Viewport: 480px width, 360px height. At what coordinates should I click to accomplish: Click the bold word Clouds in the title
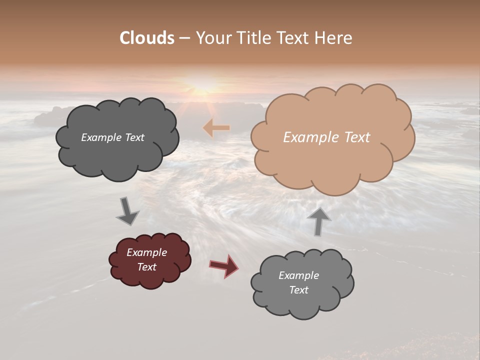146,38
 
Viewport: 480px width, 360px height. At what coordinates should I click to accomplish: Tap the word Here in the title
333,38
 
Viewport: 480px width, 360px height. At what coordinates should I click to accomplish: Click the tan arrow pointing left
216,128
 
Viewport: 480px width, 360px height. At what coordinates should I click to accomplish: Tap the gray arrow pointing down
127,211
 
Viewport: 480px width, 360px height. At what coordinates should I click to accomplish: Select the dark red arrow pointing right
224,265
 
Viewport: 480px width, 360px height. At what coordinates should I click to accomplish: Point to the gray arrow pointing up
319,221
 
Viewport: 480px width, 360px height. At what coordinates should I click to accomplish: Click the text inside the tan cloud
326,137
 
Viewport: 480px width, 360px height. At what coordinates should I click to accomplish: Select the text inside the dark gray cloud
112,137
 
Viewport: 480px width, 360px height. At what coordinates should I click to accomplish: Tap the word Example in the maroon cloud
146,252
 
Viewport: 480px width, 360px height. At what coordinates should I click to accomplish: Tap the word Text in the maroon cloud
146,267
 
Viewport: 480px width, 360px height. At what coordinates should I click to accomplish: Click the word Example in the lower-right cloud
298,275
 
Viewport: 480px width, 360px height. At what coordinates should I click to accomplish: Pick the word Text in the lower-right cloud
298,290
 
